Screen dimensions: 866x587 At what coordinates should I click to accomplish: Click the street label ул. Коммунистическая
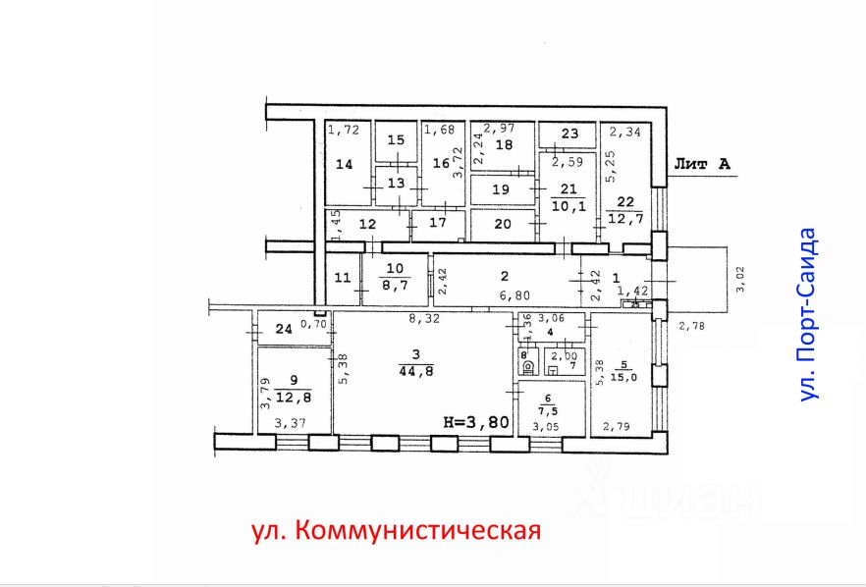(x=396, y=531)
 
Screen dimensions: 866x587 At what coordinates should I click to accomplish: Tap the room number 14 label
(x=344, y=166)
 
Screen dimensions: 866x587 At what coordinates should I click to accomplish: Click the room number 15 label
(x=395, y=140)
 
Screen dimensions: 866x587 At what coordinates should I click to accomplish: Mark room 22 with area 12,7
(x=627, y=209)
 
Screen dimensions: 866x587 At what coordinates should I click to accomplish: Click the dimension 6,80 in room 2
(x=508, y=295)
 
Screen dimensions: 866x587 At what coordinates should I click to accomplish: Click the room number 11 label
(x=341, y=278)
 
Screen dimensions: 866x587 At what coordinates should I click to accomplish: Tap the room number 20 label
(x=502, y=224)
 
